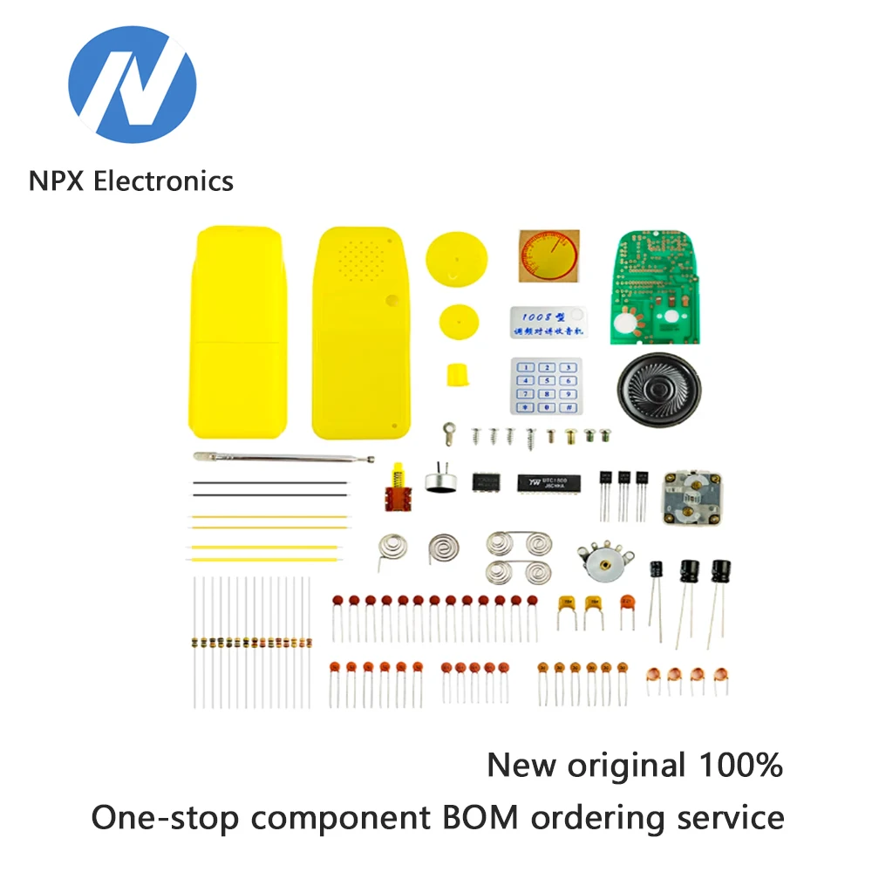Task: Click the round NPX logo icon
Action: [133, 85]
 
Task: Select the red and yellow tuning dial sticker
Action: [548, 255]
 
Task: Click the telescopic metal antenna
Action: [283, 457]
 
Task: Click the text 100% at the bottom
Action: [741, 766]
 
